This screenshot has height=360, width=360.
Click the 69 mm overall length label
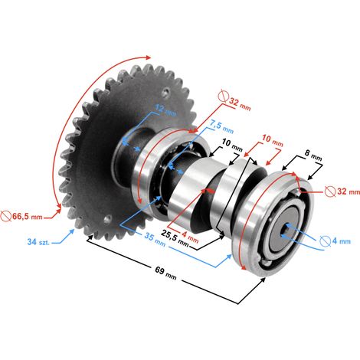165,273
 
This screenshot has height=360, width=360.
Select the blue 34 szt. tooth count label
38,241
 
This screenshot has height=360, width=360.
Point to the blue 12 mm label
165,110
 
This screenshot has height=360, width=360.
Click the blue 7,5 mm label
221,126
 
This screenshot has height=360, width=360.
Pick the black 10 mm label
232,145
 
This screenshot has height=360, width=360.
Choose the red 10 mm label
273,141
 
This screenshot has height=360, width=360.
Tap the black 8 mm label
313,155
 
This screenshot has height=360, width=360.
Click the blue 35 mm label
155,240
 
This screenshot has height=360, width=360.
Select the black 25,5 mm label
175,239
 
